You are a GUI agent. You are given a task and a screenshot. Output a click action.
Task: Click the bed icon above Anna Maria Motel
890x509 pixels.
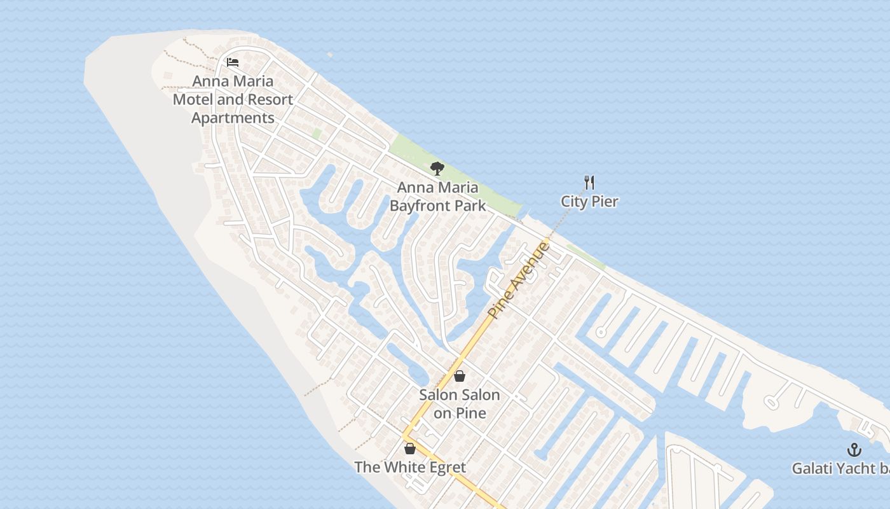coord(233,62)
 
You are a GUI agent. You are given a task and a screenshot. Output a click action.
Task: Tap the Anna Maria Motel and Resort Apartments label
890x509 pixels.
coord(233,100)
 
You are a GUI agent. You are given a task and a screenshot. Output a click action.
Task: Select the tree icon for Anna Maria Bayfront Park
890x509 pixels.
coord(437,169)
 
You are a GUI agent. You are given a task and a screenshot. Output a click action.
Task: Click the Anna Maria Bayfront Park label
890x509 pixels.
coord(437,197)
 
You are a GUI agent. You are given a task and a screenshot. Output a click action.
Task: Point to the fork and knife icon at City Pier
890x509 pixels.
coord(589,183)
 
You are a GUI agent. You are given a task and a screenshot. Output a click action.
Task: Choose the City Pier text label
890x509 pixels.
coord(589,202)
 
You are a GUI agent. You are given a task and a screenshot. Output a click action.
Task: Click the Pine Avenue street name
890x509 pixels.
coord(518,280)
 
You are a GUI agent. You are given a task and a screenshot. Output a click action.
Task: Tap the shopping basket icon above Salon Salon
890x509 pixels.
coord(459,376)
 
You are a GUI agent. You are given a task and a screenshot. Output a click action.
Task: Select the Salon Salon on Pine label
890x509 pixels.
coord(459,404)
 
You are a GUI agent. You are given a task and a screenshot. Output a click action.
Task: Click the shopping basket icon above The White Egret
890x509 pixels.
coord(410,449)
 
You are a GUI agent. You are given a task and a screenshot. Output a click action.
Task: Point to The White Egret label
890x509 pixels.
coord(410,468)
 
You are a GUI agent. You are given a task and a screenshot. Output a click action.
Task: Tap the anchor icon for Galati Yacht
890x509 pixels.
coord(854,450)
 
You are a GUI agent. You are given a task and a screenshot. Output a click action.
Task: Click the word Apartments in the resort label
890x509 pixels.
coord(233,118)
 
